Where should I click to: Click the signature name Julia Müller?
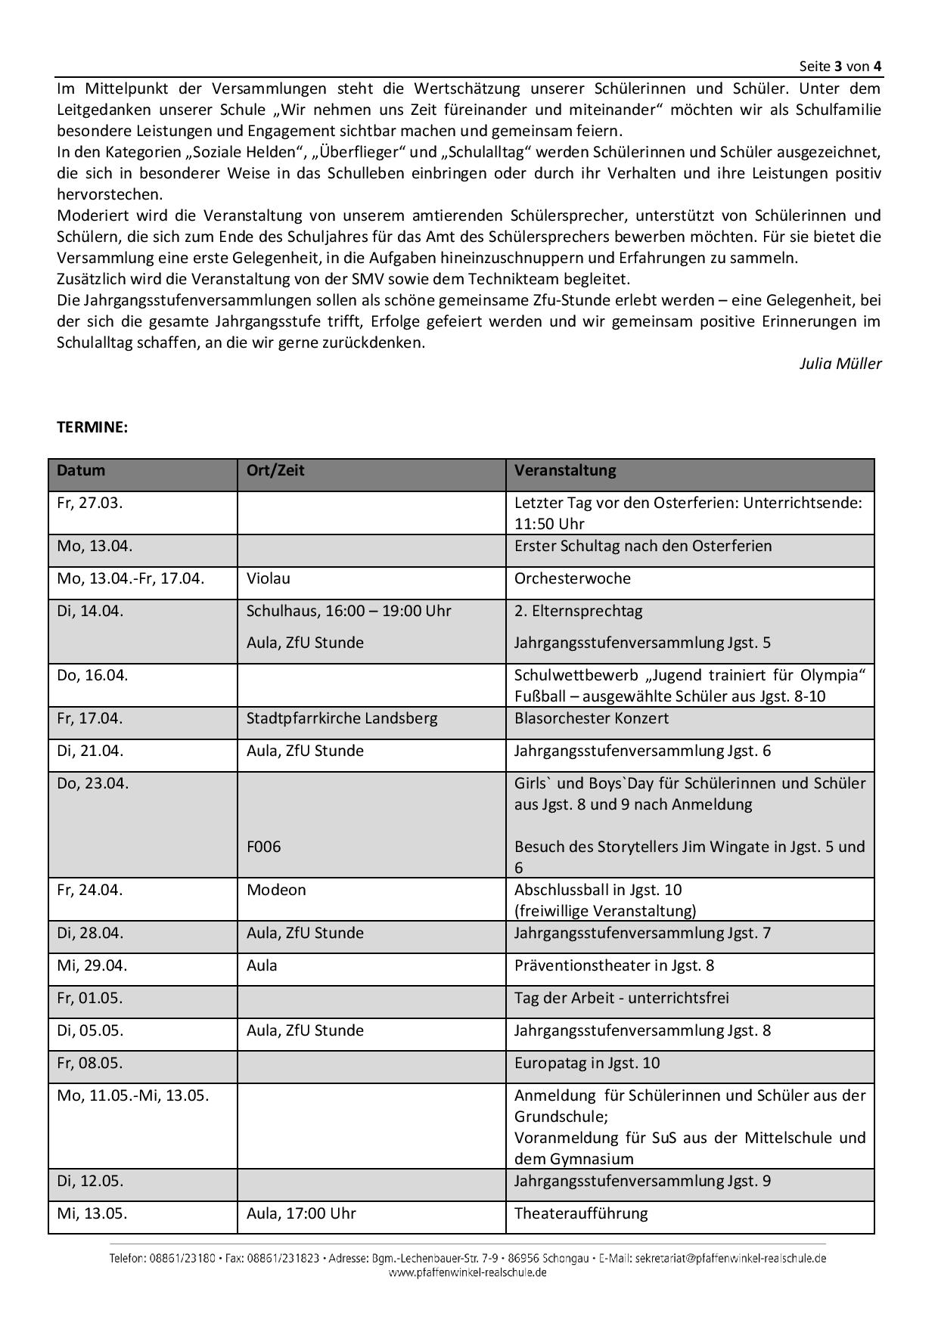pos(840,364)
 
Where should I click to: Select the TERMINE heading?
pos(92,427)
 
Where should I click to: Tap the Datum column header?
pos(81,470)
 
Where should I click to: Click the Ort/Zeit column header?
pos(275,470)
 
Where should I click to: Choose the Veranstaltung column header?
pos(565,470)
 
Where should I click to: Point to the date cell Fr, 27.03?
pos(89,503)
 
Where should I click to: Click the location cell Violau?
pos(269,578)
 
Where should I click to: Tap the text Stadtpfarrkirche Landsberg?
pos(342,718)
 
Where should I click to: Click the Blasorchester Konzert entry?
pos(592,718)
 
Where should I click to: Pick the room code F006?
pos(263,847)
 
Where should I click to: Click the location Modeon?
pos(276,890)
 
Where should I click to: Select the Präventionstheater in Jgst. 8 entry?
pos(614,965)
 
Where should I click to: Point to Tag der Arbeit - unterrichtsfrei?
pos(622,998)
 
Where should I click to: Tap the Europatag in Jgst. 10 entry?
pos(587,1063)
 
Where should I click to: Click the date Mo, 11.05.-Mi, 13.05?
pos(133,1095)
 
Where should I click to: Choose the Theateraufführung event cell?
pos(581,1213)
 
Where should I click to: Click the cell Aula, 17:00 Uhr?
pos(301,1213)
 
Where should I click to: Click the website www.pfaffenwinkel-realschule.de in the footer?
pos(467,1272)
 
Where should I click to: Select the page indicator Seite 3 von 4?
pos(840,66)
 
